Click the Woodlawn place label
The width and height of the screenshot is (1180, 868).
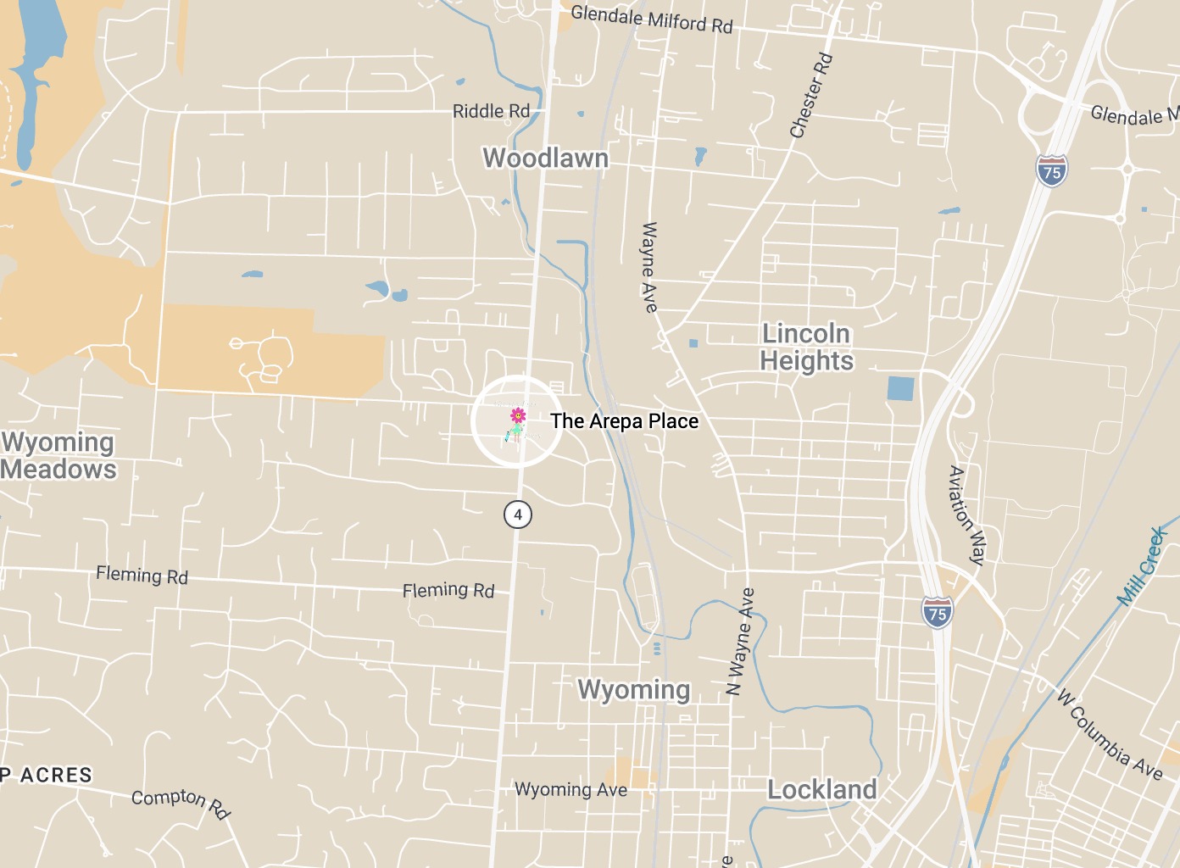pyautogui.click(x=545, y=158)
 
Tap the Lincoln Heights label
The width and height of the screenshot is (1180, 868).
pyautogui.click(x=806, y=347)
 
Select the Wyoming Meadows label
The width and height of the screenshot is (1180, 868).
pyautogui.click(x=58, y=455)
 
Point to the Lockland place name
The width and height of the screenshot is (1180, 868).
pyautogui.click(x=821, y=789)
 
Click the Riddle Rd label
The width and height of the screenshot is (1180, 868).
pyautogui.click(x=491, y=111)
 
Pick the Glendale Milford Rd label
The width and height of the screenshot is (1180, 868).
pyautogui.click(x=651, y=19)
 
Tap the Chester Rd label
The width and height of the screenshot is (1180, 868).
pyautogui.click(x=811, y=96)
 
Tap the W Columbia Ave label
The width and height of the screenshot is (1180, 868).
pyautogui.click(x=1110, y=734)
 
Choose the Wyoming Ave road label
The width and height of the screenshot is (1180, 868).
pyautogui.click(x=571, y=790)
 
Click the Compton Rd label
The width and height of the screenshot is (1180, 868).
pyautogui.click(x=181, y=802)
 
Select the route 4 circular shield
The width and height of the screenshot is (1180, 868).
pyautogui.click(x=517, y=514)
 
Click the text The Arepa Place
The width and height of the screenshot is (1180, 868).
pyautogui.click(x=624, y=421)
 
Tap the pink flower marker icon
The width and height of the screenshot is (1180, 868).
pyautogui.click(x=517, y=415)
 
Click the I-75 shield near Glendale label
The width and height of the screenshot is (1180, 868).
pyautogui.click(x=1051, y=171)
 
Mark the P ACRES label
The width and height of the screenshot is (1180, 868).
pyautogui.click(x=47, y=775)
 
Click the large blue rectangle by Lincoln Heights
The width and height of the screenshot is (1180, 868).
pyautogui.click(x=900, y=389)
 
